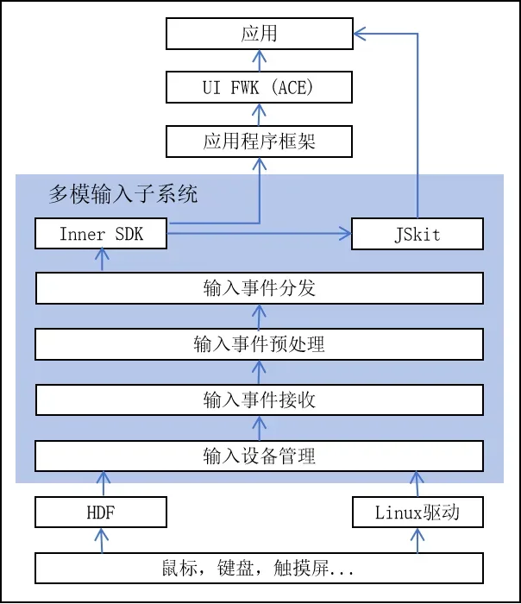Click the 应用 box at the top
260,34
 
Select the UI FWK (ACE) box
259,87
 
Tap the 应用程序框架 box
259,142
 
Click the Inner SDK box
101,234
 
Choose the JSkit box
417,234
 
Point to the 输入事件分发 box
260,288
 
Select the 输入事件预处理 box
259,344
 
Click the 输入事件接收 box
260,400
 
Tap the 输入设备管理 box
259,456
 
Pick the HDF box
101,513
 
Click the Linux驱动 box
417,513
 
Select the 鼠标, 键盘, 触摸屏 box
259,568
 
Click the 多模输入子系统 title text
123,194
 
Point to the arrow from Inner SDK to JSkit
259,234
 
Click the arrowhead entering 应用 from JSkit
360,34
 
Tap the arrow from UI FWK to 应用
260,60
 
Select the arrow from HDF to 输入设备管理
103,484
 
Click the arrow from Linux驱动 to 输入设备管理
417,484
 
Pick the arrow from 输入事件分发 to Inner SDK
102,261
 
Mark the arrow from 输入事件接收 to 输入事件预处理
259,372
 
